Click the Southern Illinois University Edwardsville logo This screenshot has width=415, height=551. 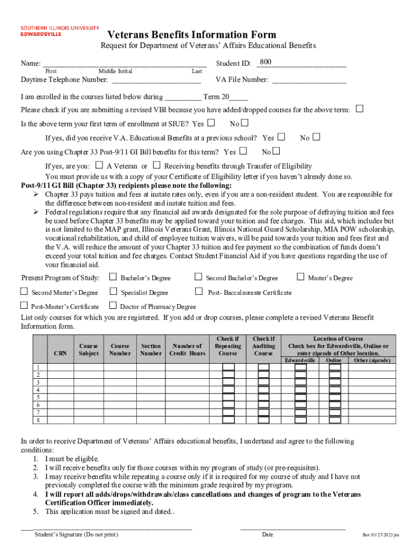(x=59, y=31)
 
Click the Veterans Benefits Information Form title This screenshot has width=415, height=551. (x=192, y=34)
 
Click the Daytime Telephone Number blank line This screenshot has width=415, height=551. (x=156, y=80)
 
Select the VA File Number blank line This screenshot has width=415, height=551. (x=309, y=80)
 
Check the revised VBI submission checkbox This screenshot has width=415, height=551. (x=360, y=109)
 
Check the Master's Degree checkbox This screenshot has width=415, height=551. (x=301, y=277)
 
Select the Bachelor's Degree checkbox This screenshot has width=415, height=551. (x=113, y=277)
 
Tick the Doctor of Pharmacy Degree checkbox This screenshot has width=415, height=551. (x=113, y=306)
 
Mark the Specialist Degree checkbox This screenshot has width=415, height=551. (x=113, y=292)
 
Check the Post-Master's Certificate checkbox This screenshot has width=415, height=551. (x=24, y=306)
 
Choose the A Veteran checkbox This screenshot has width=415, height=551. (x=99, y=165)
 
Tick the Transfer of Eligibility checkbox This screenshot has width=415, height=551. (x=157, y=165)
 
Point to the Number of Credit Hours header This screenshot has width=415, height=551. (x=187, y=349)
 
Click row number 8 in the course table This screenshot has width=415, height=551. (x=38, y=419)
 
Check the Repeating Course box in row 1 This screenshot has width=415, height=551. (x=229, y=367)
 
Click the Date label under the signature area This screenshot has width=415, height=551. (x=267, y=534)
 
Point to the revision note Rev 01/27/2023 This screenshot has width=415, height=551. (x=381, y=535)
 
